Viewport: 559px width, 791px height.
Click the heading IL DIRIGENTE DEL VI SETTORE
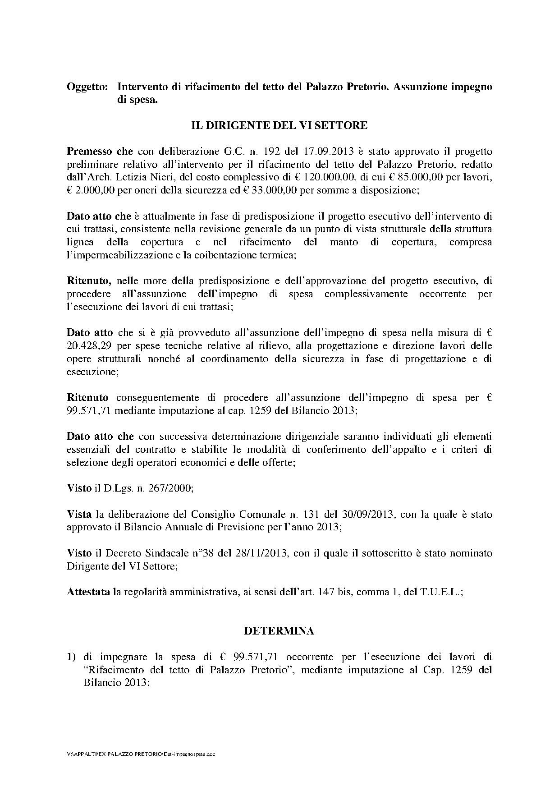(279, 125)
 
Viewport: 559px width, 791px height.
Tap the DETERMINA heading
(279, 631)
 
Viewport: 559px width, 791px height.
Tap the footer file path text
(140, 754)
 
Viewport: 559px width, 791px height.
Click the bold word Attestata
(88, 592)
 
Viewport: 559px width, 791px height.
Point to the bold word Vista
(79, 514)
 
